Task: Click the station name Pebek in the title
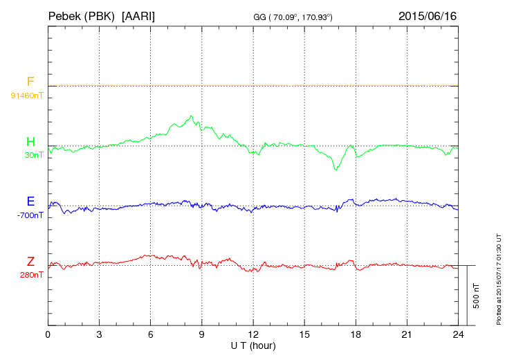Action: click(66, 15)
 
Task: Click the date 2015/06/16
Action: click(428, 15)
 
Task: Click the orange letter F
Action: click(30, 82)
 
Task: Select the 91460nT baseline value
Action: click(26, 95)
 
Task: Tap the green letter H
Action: click(30, 143)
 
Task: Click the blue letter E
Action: click(30, 202)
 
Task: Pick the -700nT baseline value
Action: click(30, 215)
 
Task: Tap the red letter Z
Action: click(30, 262)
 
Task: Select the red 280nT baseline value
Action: click(31, 275)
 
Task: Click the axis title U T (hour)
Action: click(253, 345)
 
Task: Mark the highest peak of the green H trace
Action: click(191, 116)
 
